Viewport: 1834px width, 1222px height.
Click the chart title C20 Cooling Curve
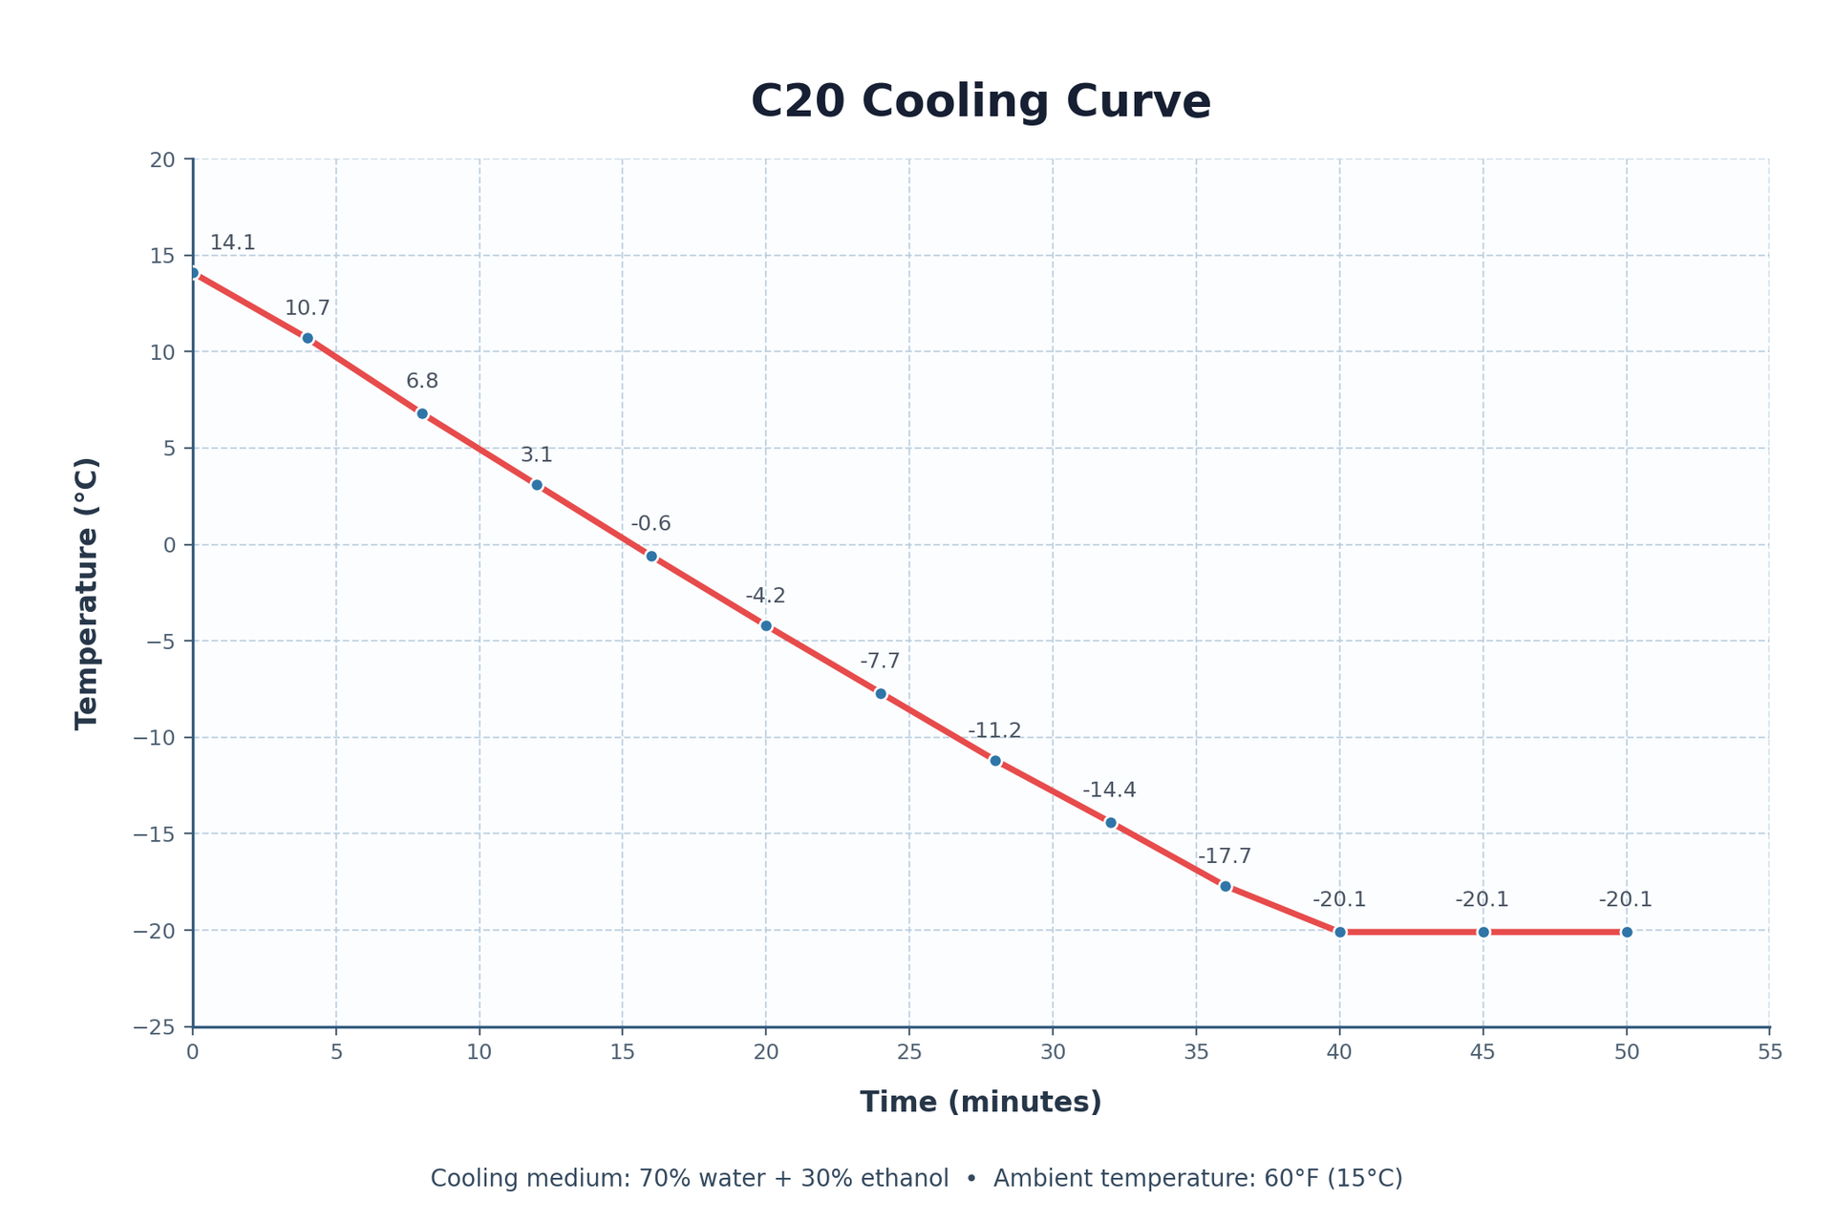(981, 102)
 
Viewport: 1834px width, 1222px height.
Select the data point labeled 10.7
(308, 338)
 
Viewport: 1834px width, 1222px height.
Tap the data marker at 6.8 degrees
(422, 413)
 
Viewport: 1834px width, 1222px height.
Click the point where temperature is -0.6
(651, 556)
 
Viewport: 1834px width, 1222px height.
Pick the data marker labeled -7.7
(881, 693)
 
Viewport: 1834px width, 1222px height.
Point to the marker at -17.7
(1226, 886)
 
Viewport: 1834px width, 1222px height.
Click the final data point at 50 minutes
(1627, 932)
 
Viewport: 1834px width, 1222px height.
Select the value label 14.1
(232, 243)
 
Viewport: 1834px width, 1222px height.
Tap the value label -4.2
(765, 597)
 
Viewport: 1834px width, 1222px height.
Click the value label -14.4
(1109, 790)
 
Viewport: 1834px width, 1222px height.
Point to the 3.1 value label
(536, 455)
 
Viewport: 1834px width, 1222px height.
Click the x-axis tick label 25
(909, 1052)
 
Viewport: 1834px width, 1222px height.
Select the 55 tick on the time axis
(1770, 1052)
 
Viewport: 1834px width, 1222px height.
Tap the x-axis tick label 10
(480, 1052)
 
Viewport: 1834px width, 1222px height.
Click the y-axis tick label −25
(157, 1027)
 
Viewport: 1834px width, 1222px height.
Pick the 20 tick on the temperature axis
(163, 159)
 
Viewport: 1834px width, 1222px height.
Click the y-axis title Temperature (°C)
(88, 594)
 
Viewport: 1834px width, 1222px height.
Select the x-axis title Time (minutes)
(981, 1103)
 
